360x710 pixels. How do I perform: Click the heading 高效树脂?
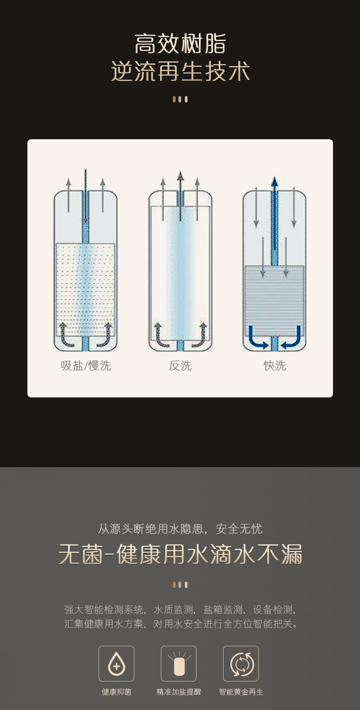[180, 44]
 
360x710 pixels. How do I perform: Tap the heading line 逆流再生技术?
[180, 71]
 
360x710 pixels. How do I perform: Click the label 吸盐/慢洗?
[86, 366]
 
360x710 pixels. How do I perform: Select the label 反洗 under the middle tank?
[180, 366]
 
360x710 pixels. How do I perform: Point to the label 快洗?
[275, 366]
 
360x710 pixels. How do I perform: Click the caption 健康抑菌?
[116, 692]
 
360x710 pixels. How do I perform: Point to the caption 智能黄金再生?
[241, 692]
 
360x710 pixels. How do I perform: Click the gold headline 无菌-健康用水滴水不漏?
[180, 554]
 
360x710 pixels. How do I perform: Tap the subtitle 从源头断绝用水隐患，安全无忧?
[180, 529]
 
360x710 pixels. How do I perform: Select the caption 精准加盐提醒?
[178, 692]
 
